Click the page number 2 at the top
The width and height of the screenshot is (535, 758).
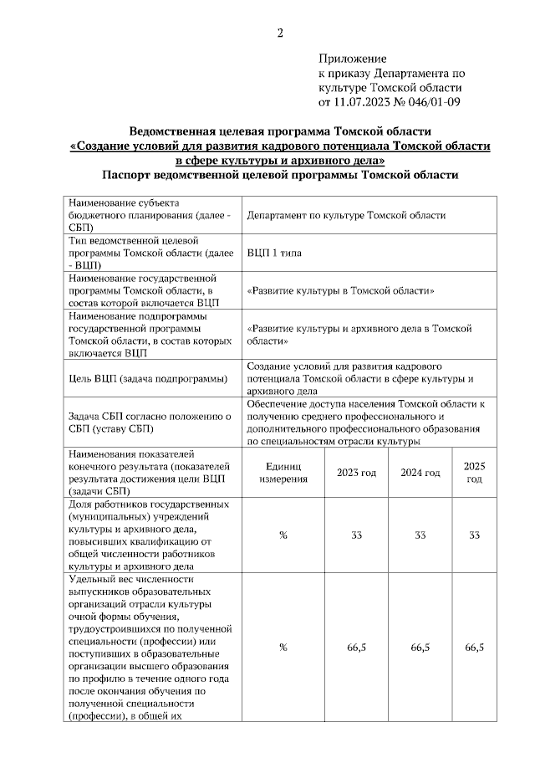pyautogui.click(x=280, y=33)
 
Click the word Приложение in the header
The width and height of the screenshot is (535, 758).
pyautogui.click(x=352, y=59)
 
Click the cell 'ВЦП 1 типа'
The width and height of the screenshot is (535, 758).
pyautogui.click(x=274, y=252)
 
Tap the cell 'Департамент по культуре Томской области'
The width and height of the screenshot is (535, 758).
pyautogui.click(x=346, y=215)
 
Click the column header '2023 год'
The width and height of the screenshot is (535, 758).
pyautogui.click(x=356, y=473)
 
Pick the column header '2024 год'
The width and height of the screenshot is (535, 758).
pyautogui.click(x=420, y=473)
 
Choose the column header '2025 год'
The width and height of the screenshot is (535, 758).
pyautogui.click(x=474, y=473)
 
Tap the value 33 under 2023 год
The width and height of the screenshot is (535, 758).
pyautogui.click(x=356, y=535)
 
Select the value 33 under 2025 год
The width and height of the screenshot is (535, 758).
pyautogui.click(x=474, y=535)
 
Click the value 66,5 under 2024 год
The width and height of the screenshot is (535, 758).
pyautogui.click(x=420, y=648)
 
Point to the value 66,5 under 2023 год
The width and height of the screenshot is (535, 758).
pyautogui.click(x=356, y=648)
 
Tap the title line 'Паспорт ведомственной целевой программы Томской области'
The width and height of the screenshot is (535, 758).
pyautogui.click(x=280, y=175)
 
